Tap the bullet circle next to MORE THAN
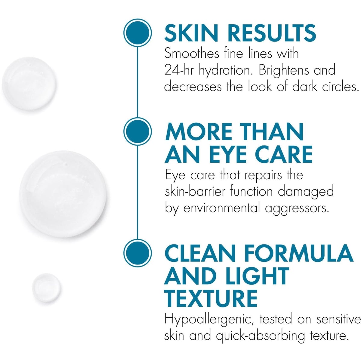137,131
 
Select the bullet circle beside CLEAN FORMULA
137,252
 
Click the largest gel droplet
63,194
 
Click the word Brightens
284,70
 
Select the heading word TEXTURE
211,298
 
